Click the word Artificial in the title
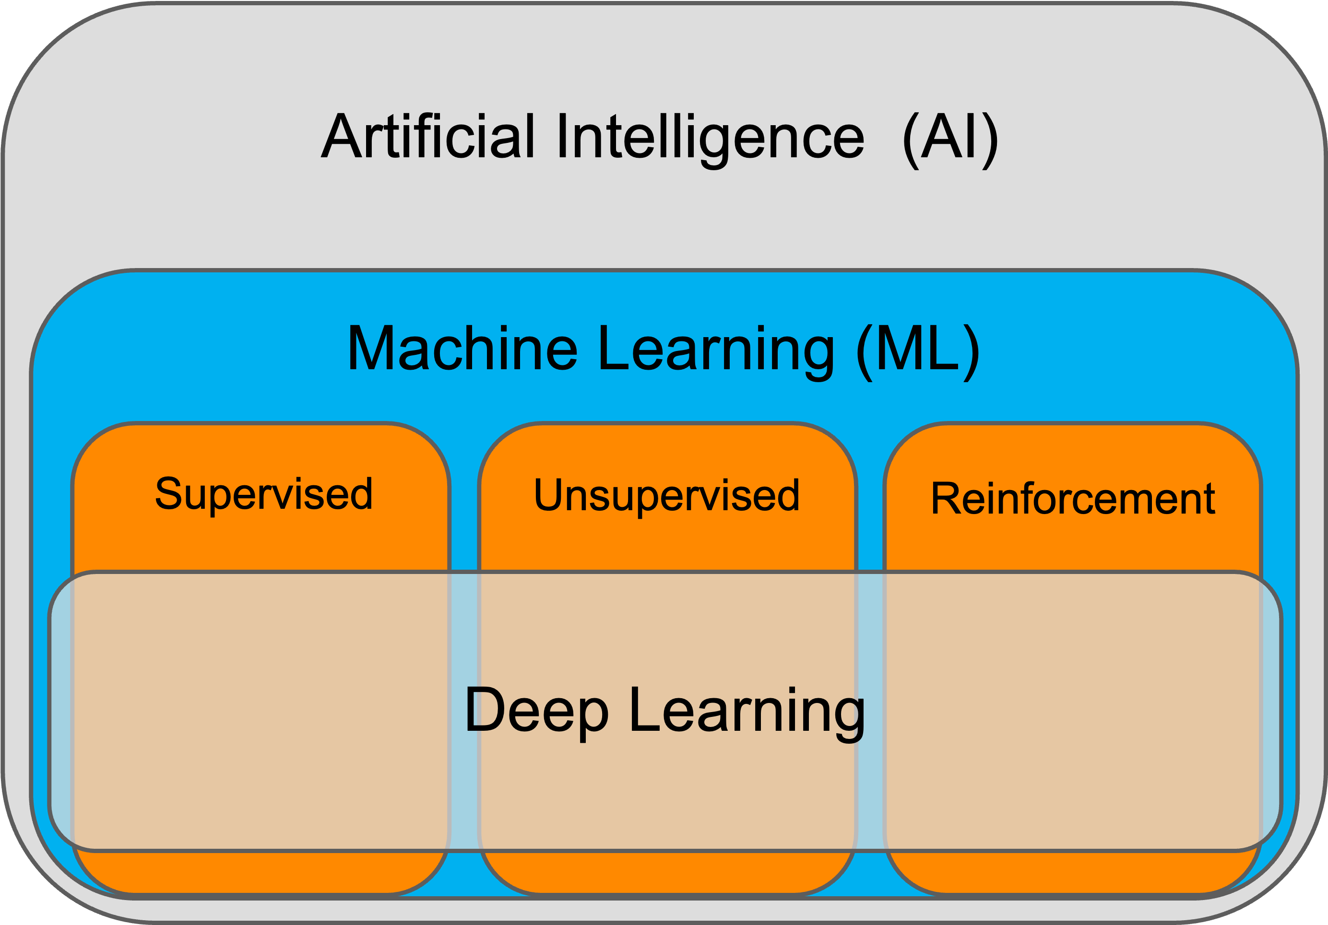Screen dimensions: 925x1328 (428, 138)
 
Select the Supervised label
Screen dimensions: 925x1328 (264, 495)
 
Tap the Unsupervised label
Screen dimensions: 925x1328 (666, 496)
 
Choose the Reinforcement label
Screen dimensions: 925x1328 (1072, 499)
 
